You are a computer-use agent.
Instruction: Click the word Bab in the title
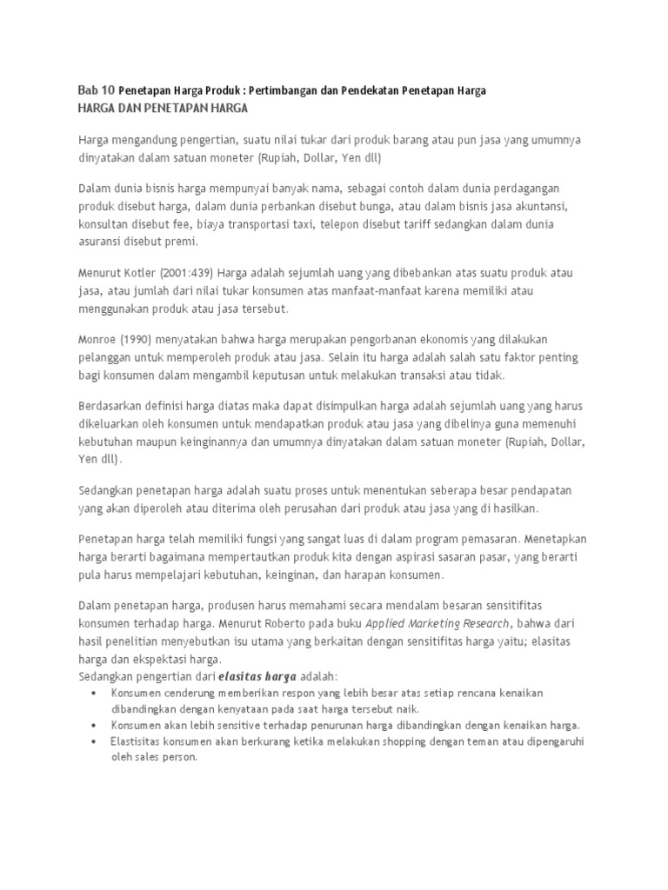coord(89,90)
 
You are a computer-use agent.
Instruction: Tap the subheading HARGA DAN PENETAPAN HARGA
coord(164,108)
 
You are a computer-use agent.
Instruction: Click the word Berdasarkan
coord(113,405)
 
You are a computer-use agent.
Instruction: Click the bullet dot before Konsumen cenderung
coord(94,692)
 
